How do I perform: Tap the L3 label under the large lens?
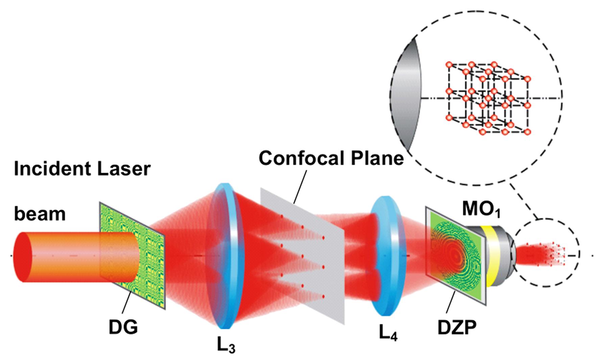pyautogui.click(x=226, y=345)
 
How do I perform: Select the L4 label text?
pyautogui.click(x=388, y=333)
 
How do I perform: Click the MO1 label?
pyautogui.click(x=481, y=210)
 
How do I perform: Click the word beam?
pyautogui.click(x=40, y=214)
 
